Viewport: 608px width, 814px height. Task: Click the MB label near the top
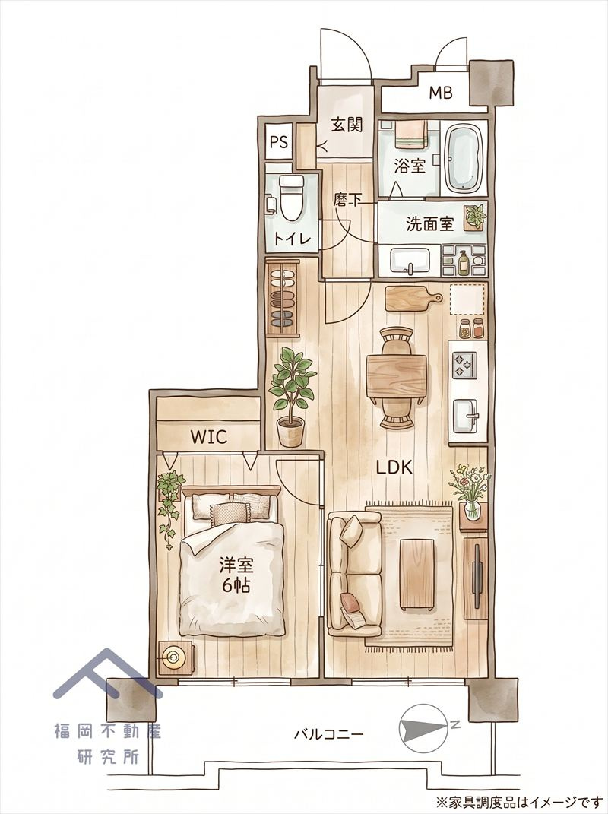tap(441, 93)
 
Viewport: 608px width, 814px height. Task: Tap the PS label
tap(279, 142)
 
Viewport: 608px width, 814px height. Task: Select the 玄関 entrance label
tap(347, 125)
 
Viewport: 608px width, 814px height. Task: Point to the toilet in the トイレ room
tap(291, 198)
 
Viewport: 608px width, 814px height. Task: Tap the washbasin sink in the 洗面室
tap(410, 261)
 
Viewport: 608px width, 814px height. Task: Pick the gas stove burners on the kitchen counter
tap(464, 365)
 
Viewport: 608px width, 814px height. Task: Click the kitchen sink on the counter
tap(467, 416)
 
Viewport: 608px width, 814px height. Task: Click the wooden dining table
tap(397, 375)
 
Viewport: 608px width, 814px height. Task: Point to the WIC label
tap(208, 437)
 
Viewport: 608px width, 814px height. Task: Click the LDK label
tap(394, 467)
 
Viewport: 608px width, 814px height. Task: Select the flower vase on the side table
tap(471, 493)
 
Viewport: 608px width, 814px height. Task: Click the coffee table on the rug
tap(416, 575)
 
